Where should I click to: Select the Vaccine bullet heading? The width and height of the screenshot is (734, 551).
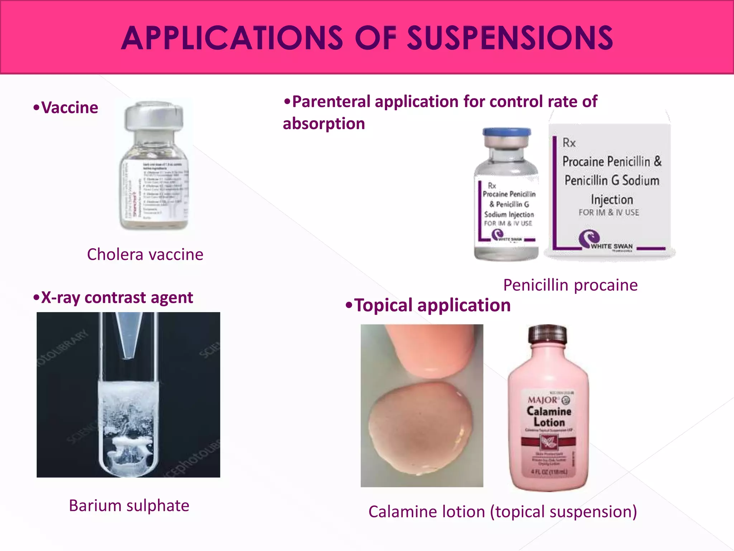[x=66, y=108]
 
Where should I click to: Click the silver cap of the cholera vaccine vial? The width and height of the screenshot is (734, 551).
[x=153, y=117]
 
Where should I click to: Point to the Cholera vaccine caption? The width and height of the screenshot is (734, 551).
[x=145, y=254]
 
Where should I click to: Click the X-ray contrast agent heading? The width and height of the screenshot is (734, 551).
[x=113, y=298]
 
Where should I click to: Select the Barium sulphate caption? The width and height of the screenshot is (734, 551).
[x=129, y=505]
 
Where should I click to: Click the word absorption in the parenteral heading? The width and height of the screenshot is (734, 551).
[x=324, y=123]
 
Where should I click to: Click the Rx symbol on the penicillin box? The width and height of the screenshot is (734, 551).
[x=569, y=143]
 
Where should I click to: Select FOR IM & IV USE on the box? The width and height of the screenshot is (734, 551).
[x=609, y=212]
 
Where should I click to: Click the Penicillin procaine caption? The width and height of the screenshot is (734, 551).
[x=570, y=285]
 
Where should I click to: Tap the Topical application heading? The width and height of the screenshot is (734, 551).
[x=428, y=305]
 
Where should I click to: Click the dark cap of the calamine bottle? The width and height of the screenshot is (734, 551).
[x=547, y=334]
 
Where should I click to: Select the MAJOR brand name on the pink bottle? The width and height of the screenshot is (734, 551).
[x=543, y=400]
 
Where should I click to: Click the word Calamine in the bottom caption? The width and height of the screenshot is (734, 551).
[x=404, y=512]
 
